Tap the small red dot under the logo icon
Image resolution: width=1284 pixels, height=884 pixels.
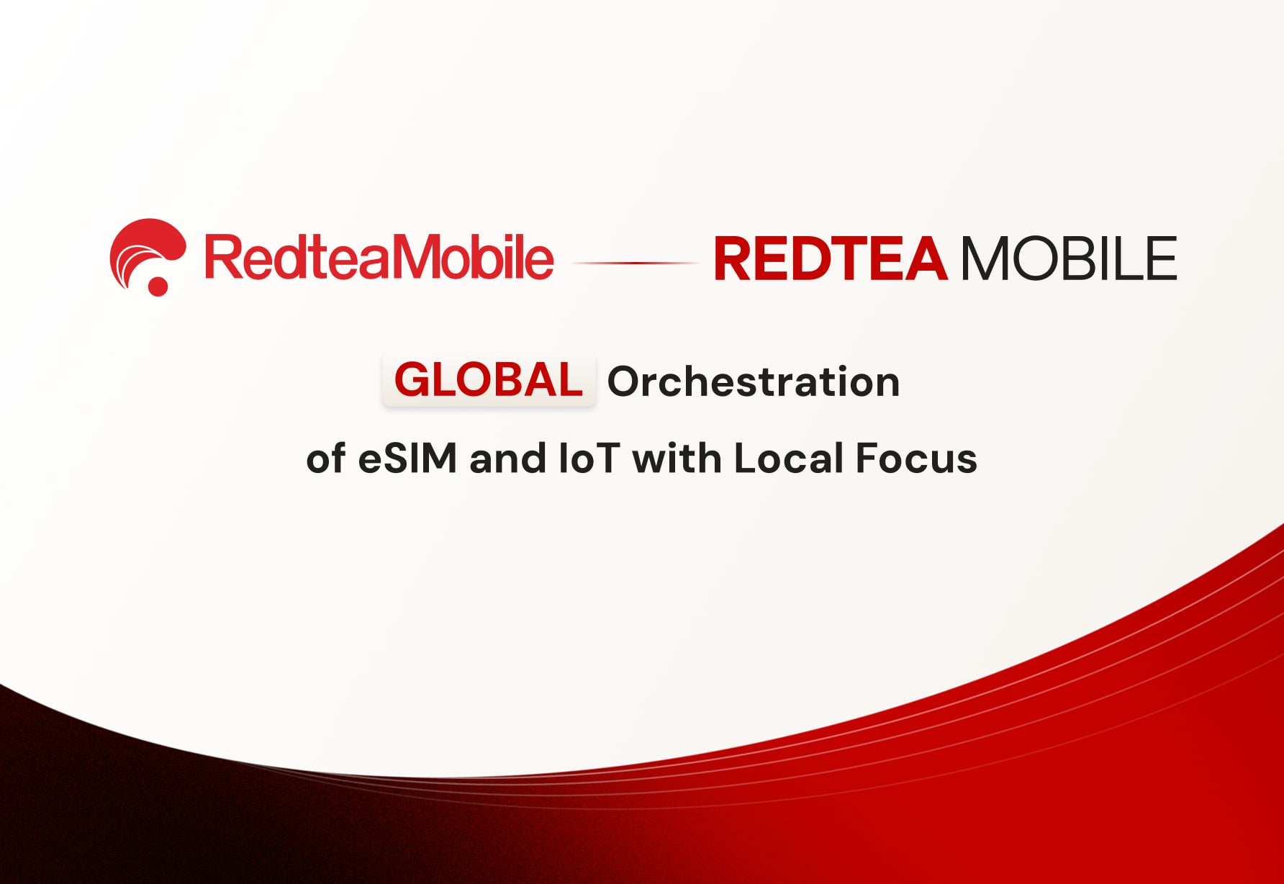158,286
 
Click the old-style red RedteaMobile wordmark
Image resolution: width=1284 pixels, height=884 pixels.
379,258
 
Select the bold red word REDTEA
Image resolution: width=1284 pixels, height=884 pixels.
830,259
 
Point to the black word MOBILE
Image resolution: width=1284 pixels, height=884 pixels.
1069,259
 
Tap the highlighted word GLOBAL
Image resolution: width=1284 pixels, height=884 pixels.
489,380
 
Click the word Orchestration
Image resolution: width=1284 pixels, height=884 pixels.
754,382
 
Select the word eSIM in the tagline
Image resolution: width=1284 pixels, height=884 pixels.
407,459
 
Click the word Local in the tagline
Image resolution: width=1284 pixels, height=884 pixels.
788,459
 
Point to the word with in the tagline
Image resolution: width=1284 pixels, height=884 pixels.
677,459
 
